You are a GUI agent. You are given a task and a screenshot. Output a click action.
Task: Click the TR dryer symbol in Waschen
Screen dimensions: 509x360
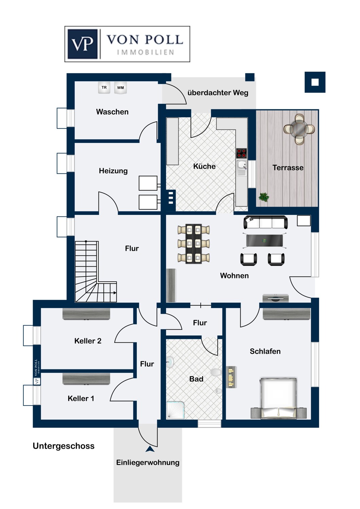tap(104, 88)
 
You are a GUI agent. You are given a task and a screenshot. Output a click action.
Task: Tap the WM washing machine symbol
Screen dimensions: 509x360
tap(121, 88)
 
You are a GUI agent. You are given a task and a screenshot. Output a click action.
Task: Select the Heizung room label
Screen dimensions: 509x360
tap(113, 171)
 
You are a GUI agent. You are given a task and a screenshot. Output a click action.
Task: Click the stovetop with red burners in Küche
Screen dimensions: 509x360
tap(241, 153)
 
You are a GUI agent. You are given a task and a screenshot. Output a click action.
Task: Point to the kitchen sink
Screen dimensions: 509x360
tap(242, 165)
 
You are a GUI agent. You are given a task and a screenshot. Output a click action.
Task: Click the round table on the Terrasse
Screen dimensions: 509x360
tap(299, 129)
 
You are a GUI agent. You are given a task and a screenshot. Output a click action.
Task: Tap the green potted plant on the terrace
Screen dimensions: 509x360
tap(264, 197)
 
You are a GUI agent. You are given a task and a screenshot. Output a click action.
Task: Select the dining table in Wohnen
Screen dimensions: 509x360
tap(194, 244)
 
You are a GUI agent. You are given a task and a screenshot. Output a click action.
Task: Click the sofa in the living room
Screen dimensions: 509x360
tap(266, 222)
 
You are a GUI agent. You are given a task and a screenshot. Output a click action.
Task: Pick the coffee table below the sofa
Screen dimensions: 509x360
tap(265, 241)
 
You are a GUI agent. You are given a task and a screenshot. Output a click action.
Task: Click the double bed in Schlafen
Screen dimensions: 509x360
tap(278, 398)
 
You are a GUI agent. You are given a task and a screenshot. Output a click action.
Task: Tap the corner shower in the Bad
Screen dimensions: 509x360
tap(176, 410)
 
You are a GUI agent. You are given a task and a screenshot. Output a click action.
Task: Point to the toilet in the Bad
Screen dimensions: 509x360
tap(216, 372)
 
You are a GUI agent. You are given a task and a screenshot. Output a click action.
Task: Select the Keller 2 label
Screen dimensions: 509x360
tap(88, 341)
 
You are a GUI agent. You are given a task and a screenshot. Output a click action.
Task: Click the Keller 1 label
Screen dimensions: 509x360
tap(81, 399)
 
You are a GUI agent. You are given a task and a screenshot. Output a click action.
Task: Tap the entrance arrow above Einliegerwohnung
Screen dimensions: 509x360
tap(150, 449)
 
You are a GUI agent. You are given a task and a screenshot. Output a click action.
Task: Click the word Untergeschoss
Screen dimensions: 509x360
tap(64, 446)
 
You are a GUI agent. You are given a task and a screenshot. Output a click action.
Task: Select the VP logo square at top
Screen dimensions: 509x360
tap(83, 44)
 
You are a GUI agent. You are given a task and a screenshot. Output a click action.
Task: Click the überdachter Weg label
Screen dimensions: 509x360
tap(218, 93)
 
